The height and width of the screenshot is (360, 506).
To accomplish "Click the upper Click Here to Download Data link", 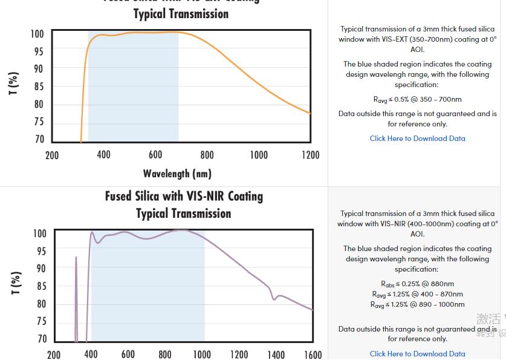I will coord(417,139).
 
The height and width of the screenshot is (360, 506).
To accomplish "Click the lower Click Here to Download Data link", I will coord(417,354).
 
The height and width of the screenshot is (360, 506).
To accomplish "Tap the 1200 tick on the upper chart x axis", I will coord(310,155).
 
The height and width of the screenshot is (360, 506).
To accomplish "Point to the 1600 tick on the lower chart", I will coord(313,355).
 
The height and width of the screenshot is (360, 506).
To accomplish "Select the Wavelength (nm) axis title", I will coord(177,174).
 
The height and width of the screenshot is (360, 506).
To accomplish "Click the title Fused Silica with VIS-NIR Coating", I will coord(184,197).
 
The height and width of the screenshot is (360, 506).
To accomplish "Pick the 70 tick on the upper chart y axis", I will coord(39,139).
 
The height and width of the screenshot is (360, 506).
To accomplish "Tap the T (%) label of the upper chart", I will coord(13,83).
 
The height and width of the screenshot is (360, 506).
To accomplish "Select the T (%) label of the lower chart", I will coord(16,283).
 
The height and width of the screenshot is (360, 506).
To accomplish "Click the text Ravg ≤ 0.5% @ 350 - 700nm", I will coord(417,99).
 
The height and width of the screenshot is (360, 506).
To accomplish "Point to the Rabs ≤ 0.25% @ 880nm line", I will coord(417,284).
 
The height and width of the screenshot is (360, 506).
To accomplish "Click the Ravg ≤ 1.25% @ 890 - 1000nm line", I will coord(417,304).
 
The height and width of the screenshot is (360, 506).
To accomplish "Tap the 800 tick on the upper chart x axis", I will coord(207,155).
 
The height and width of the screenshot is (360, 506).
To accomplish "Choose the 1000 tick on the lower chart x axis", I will coord(202,355).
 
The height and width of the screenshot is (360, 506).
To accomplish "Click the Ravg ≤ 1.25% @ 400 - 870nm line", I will coord(417,294).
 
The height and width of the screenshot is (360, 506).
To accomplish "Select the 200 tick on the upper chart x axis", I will coord(52,155).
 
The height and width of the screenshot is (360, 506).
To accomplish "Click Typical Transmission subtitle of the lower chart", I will coord(184,214).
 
